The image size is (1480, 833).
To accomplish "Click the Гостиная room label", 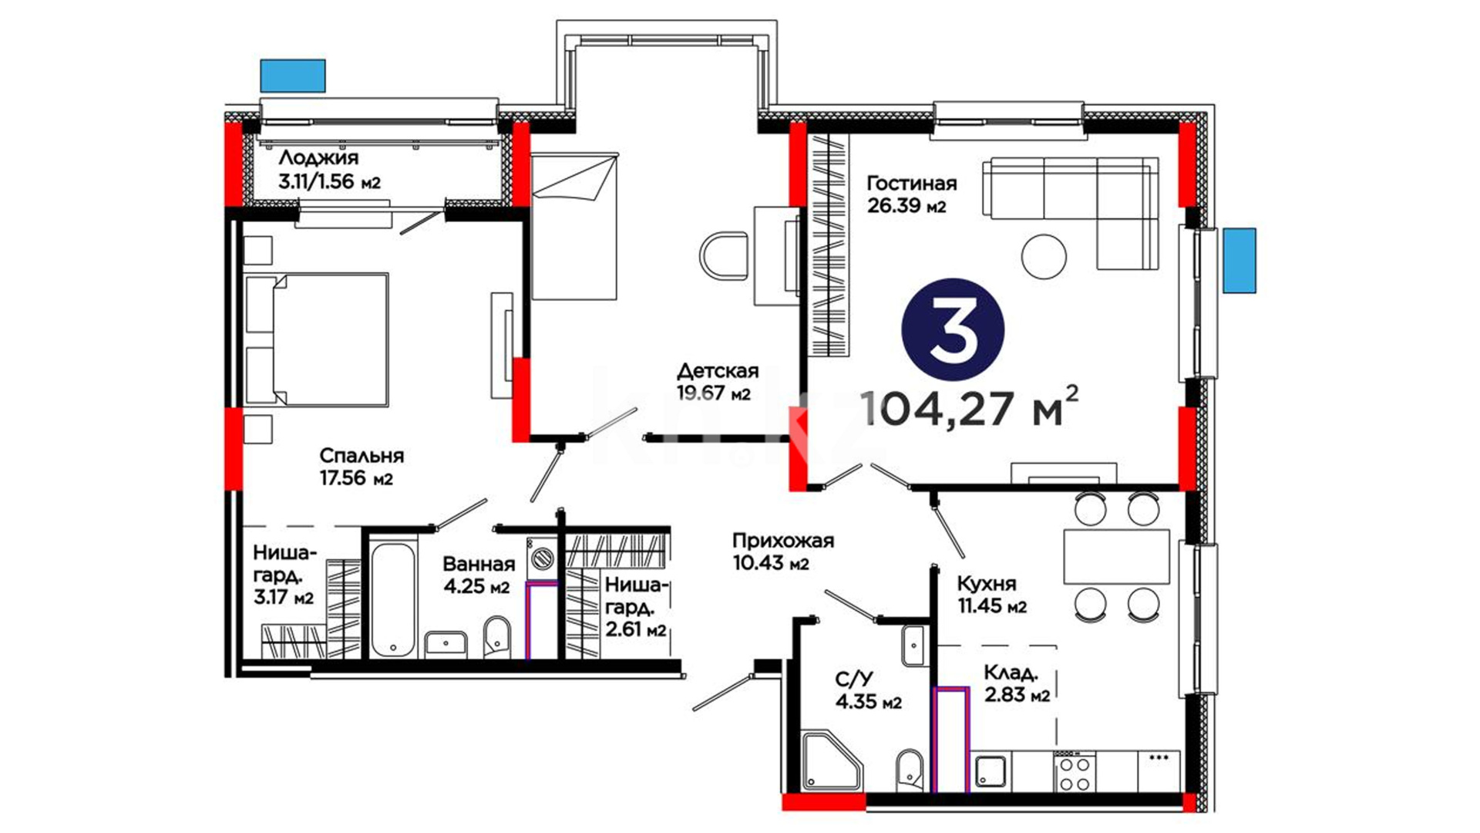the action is (911, 184).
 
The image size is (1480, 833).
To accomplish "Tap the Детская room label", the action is (718, 371).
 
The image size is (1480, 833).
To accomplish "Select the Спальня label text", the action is (362, 456).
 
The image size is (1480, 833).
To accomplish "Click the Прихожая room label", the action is (783, 541).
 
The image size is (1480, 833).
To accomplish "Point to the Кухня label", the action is (987, 584).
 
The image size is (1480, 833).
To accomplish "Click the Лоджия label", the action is (318, 158).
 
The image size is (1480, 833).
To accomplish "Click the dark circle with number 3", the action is (953, 329).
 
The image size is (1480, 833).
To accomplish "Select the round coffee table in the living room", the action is (1044, 256).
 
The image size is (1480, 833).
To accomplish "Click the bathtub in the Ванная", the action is (393, 600).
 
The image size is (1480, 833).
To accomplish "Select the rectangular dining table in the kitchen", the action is (1116, 556).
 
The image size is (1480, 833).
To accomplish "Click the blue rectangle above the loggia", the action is (293, 76).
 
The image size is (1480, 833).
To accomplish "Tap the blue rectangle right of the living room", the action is (1239, 261).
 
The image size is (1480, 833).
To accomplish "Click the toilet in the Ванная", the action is (498, 637).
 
